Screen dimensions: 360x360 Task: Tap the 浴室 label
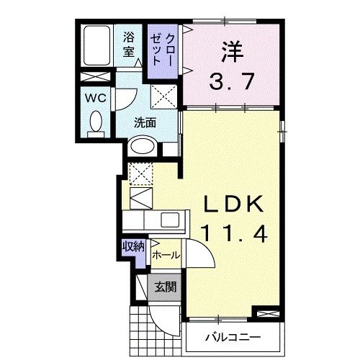point(129,45)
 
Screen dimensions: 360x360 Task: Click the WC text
point(94,97)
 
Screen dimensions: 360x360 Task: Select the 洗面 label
point(145,122)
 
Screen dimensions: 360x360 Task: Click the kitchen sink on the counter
point(171,220)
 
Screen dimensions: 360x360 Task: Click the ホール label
point(166,255)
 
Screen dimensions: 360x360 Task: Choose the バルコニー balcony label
point(229,336)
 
